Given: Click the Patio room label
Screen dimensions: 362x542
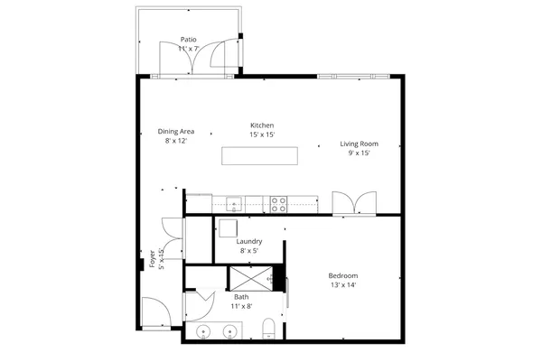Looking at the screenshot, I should click(189, 40).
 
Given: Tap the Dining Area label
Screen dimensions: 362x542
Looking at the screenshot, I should click(176, 132).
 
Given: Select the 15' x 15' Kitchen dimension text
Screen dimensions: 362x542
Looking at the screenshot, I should click(262, 135).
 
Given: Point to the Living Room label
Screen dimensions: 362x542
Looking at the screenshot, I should click(359, 144).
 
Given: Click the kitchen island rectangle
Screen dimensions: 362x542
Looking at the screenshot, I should click(259, 156).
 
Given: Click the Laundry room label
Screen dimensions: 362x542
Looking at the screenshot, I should click(249, 241).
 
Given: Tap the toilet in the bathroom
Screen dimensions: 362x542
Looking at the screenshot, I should click(268, 330).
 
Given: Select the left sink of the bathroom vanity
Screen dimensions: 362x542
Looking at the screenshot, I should click(204, 333).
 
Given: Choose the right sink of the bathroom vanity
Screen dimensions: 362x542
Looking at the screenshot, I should click(229, 333).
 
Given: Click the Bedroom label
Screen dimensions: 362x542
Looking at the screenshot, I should click(342, 275).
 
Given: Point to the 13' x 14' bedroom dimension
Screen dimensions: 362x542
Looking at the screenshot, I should click(342, 285).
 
